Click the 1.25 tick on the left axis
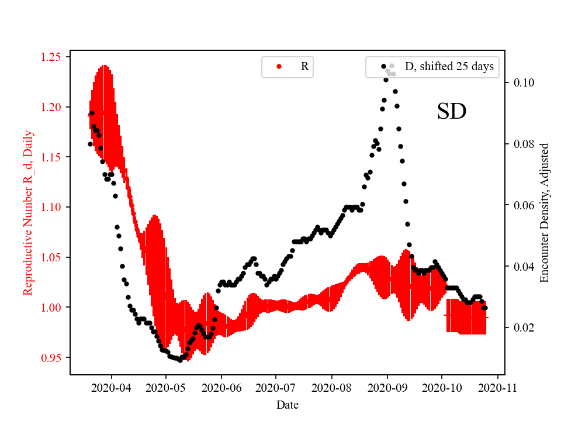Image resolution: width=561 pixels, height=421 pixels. [56, 57]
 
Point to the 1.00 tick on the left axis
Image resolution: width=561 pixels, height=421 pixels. [56, 307]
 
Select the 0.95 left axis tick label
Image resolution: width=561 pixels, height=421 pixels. [56, 357]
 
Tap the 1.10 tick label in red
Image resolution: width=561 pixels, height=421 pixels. [56, 207]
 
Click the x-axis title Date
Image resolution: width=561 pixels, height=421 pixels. [288, 404]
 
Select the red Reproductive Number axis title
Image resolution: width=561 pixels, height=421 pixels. [27, 212]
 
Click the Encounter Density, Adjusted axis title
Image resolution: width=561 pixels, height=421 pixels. [545, 212]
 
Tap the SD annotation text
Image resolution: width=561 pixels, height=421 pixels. [452, 111]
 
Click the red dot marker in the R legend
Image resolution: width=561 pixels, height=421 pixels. [278, 67]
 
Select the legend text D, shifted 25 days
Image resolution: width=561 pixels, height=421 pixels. [449, 67]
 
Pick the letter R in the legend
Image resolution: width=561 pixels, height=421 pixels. [304, 67]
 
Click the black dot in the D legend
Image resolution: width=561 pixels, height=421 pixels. [383, 67]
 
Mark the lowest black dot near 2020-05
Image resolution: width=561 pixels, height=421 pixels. [180, 360]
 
